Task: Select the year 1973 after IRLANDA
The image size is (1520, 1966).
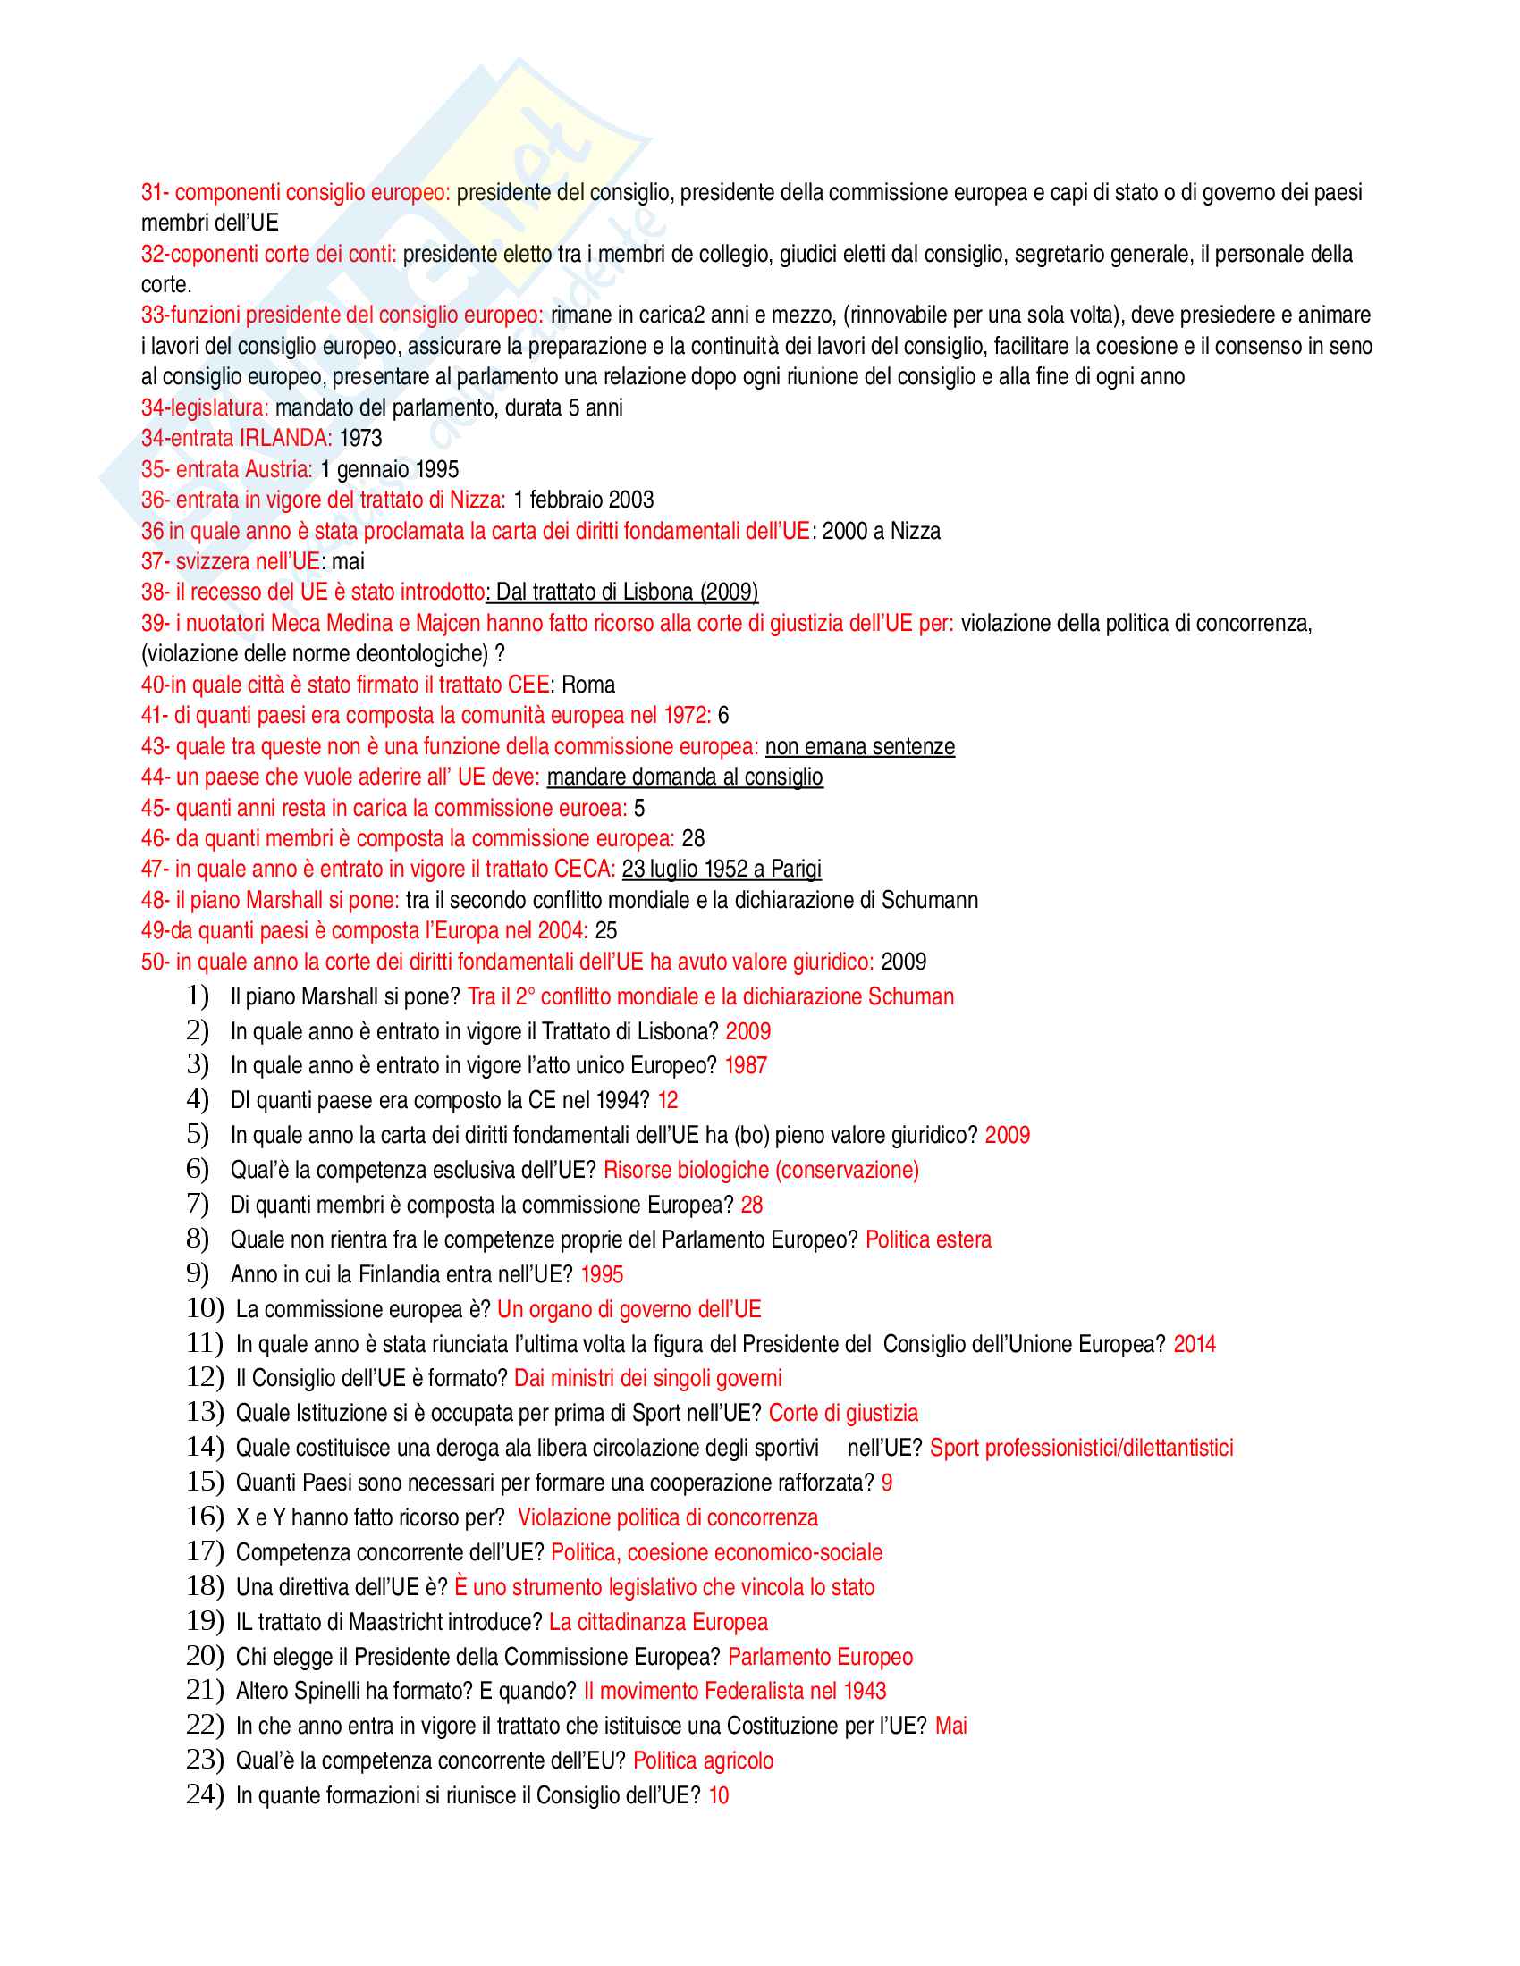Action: (360, 439)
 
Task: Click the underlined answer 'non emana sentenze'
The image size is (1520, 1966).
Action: (860, 746)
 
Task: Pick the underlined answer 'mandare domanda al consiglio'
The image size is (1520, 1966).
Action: (684, 777)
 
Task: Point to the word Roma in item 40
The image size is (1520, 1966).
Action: (588, 685)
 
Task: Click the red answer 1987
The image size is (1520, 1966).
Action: (746, 1066)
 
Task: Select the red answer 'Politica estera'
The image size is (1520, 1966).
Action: (928, 1239)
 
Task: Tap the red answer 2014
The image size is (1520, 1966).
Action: (1194, 1344)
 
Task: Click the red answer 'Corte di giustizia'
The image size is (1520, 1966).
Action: (843, 1414)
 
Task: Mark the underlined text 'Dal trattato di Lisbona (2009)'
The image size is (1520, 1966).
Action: (627, 592)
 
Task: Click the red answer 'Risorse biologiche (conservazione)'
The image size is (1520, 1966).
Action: (761, 1171)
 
